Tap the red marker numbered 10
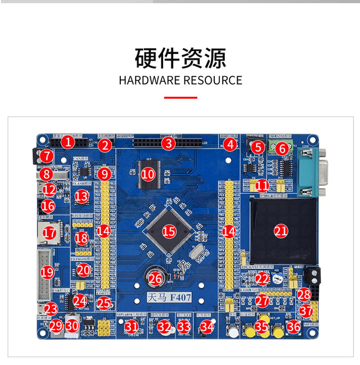(148, 174)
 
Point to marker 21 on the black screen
(281, 231)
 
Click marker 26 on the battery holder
(155, 278)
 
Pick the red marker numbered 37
(306, 312)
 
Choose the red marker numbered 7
(45, 157)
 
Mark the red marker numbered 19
(47, 272)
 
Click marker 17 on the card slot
(49, 233)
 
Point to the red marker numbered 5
(258, 147)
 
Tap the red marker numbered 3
(169, 144)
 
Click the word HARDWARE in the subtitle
(149, 81)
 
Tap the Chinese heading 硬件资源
(180, 58)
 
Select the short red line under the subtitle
(180, 97)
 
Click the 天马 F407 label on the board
(169, 298)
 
